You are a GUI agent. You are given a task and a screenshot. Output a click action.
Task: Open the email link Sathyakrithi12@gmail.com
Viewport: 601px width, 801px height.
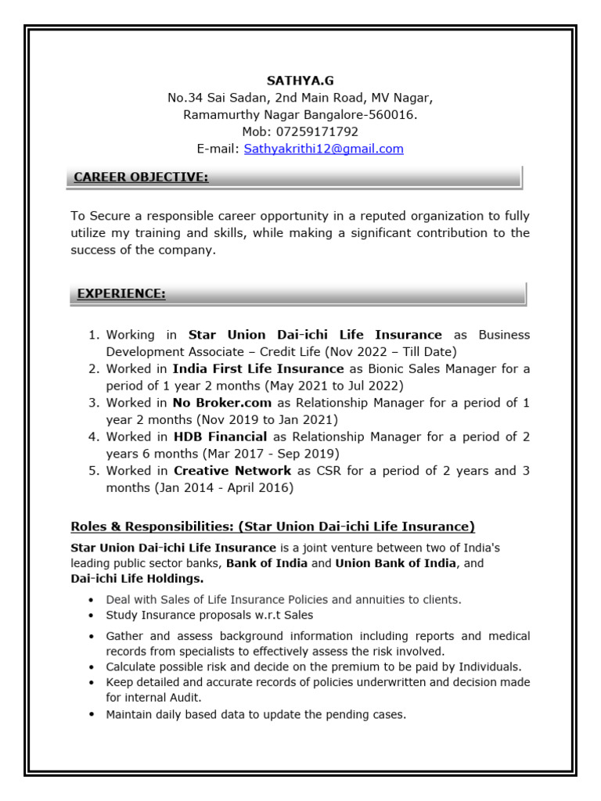tap(323, 149)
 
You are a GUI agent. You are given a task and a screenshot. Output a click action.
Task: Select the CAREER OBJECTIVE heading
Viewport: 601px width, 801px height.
tap(141, 178)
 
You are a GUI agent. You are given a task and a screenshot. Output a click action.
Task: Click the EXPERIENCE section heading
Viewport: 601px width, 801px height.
tap(121, 294)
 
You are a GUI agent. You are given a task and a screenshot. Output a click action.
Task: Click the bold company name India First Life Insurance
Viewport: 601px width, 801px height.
tap(258, 368)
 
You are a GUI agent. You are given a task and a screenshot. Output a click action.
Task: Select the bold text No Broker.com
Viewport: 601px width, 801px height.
tap(222, 403)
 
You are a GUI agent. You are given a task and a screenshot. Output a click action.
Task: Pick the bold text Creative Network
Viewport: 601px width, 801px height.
tap(232, 471)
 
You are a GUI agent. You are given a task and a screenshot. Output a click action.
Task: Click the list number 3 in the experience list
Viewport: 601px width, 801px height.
tap(92, 403)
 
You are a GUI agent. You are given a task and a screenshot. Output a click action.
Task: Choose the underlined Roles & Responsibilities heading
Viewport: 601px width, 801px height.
tap(272, 526)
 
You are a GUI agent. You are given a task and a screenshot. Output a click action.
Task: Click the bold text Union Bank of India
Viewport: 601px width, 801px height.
tap(396, 563)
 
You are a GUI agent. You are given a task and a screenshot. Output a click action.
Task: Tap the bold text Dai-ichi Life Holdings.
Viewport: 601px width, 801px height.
tap(137, 579)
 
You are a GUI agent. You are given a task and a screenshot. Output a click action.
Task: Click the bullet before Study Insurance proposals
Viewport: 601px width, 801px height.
tap(92, 616)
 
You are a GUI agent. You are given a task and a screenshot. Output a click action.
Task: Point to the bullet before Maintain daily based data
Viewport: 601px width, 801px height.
tap(92, 714)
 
